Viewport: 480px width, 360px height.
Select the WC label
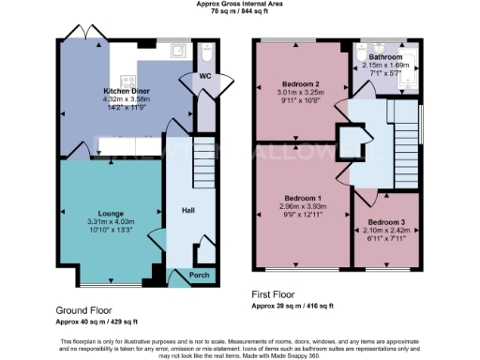204,76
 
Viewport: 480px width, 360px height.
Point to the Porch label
200,275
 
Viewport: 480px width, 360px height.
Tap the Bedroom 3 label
383,222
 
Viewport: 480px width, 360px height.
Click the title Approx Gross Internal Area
239,4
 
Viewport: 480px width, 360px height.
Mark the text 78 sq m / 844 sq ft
239,11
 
